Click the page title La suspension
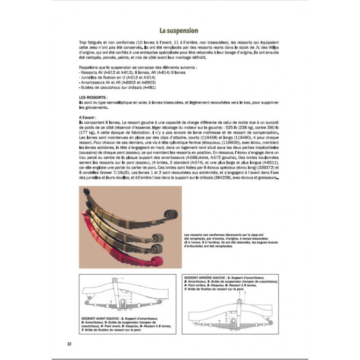[178, 31]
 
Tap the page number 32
[69, 345]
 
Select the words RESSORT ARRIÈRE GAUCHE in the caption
[206, 277]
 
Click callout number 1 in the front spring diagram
[123, 278]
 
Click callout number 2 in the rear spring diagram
[245, 292]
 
